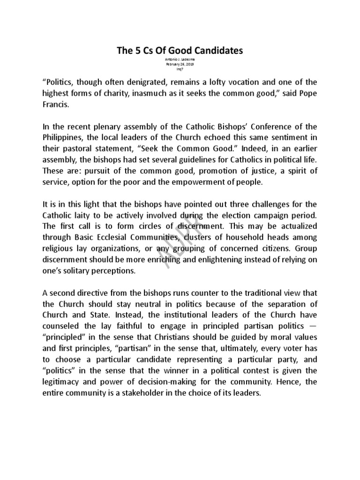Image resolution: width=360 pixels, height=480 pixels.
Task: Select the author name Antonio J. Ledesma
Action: pos(180,60)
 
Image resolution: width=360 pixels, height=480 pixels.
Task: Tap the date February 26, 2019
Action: pos(180,65)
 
